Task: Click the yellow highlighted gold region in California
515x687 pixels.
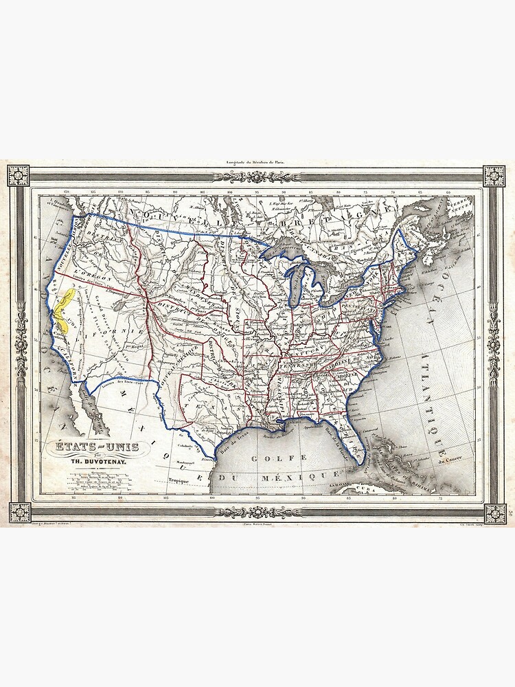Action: [65, 308]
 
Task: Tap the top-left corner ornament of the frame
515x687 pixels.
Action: [18, 175]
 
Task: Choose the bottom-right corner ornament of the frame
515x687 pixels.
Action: [495, 513]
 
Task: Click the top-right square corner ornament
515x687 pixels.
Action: [495, 175]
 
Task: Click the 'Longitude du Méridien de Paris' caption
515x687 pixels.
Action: [257, 164]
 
